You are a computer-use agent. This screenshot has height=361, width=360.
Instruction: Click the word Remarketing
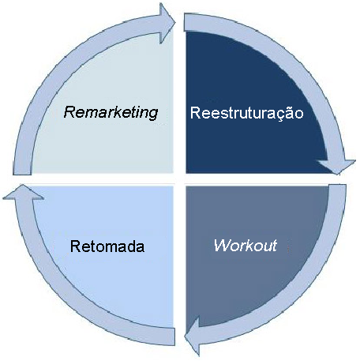(x=111, y=112)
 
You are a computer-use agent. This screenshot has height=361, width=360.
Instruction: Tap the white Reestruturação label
(x=247, y=113)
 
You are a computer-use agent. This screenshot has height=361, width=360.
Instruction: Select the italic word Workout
(x=246, y=246)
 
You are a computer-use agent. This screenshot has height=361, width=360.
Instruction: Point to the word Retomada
(x=107, y=246)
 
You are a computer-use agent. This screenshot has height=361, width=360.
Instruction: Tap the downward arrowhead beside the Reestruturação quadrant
(x=337, y=167)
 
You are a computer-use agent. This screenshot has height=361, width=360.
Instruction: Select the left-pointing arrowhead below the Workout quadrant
(x=192, y=336)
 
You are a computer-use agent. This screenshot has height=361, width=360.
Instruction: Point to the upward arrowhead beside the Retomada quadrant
(x=23, y=192)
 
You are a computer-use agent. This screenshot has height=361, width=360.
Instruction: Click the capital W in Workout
(x=223, y=246)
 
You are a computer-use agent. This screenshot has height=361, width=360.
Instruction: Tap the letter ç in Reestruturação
(x=280, y=116)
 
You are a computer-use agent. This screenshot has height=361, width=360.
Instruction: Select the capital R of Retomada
(x=76, y=246)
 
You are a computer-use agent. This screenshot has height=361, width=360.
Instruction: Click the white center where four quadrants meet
(x=180, y=179)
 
